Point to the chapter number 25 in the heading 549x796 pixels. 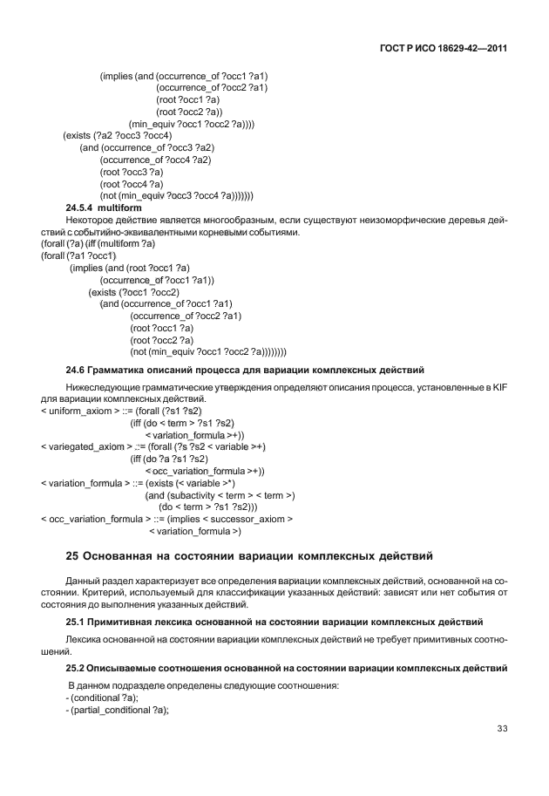[x=73, y=555]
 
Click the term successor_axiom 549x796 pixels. [x=250, y=519]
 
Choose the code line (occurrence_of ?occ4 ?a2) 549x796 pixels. [x=156, y=160]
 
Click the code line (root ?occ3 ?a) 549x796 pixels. [x=132, y=173]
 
